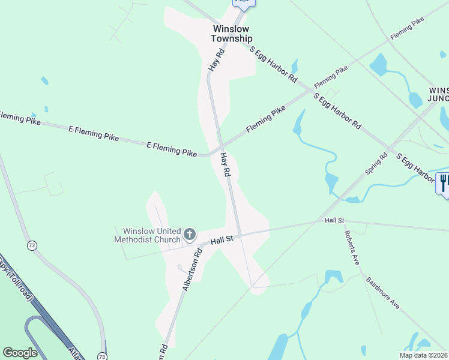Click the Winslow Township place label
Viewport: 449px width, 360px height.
coord(231,34)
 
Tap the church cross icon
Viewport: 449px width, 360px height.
coord(190,234)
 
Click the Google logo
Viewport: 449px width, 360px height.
coord(20,353)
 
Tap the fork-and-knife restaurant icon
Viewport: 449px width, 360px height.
coord(444,181)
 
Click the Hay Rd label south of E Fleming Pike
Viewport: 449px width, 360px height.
coord(226,164)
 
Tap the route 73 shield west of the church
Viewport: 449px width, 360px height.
coord(31,245)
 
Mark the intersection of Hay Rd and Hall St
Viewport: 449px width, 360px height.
coord(239,235)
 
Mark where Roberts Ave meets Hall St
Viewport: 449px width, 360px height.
coord(344,220)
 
